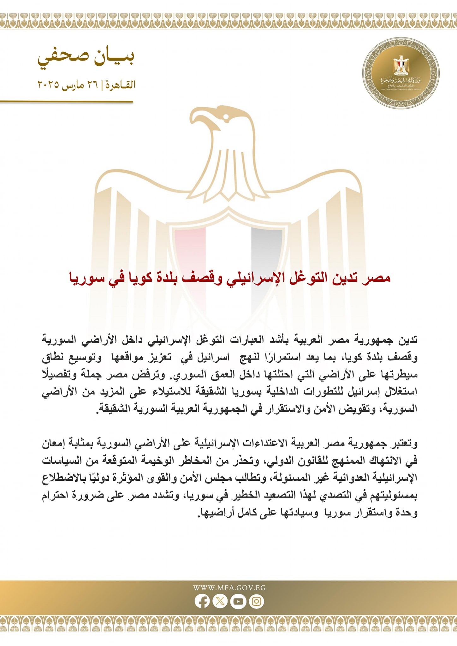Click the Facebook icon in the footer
pos(202,601)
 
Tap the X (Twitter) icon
pos(220,601)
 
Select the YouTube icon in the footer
pos(238,601)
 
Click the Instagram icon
pos(256,601)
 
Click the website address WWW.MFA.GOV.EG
pos(229,588)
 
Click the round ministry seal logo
pos(401,73)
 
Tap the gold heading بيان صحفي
pos(86,57)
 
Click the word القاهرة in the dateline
pos(121,85)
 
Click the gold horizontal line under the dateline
pos(66,102)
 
